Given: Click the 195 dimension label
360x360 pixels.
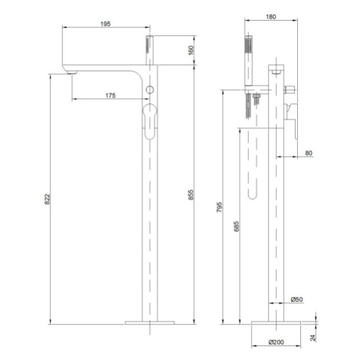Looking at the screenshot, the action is [x=106, y=24].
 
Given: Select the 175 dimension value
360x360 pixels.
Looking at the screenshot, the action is [x=110, y=96].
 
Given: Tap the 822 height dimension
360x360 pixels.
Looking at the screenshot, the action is [x=47, y=199].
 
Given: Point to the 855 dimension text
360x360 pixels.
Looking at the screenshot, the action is [x=191, y=195].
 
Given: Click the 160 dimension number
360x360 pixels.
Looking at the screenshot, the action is [x=191, y=50].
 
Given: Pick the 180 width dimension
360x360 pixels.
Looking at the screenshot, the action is [x=271, y=17].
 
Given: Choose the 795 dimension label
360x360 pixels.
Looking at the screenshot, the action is [x=220, y=208].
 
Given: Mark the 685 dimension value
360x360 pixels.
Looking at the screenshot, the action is [x=237, y=227].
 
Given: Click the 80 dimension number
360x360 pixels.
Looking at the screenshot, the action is [x=309, y=153].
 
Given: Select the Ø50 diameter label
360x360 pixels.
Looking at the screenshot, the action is [x=297, y=299].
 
